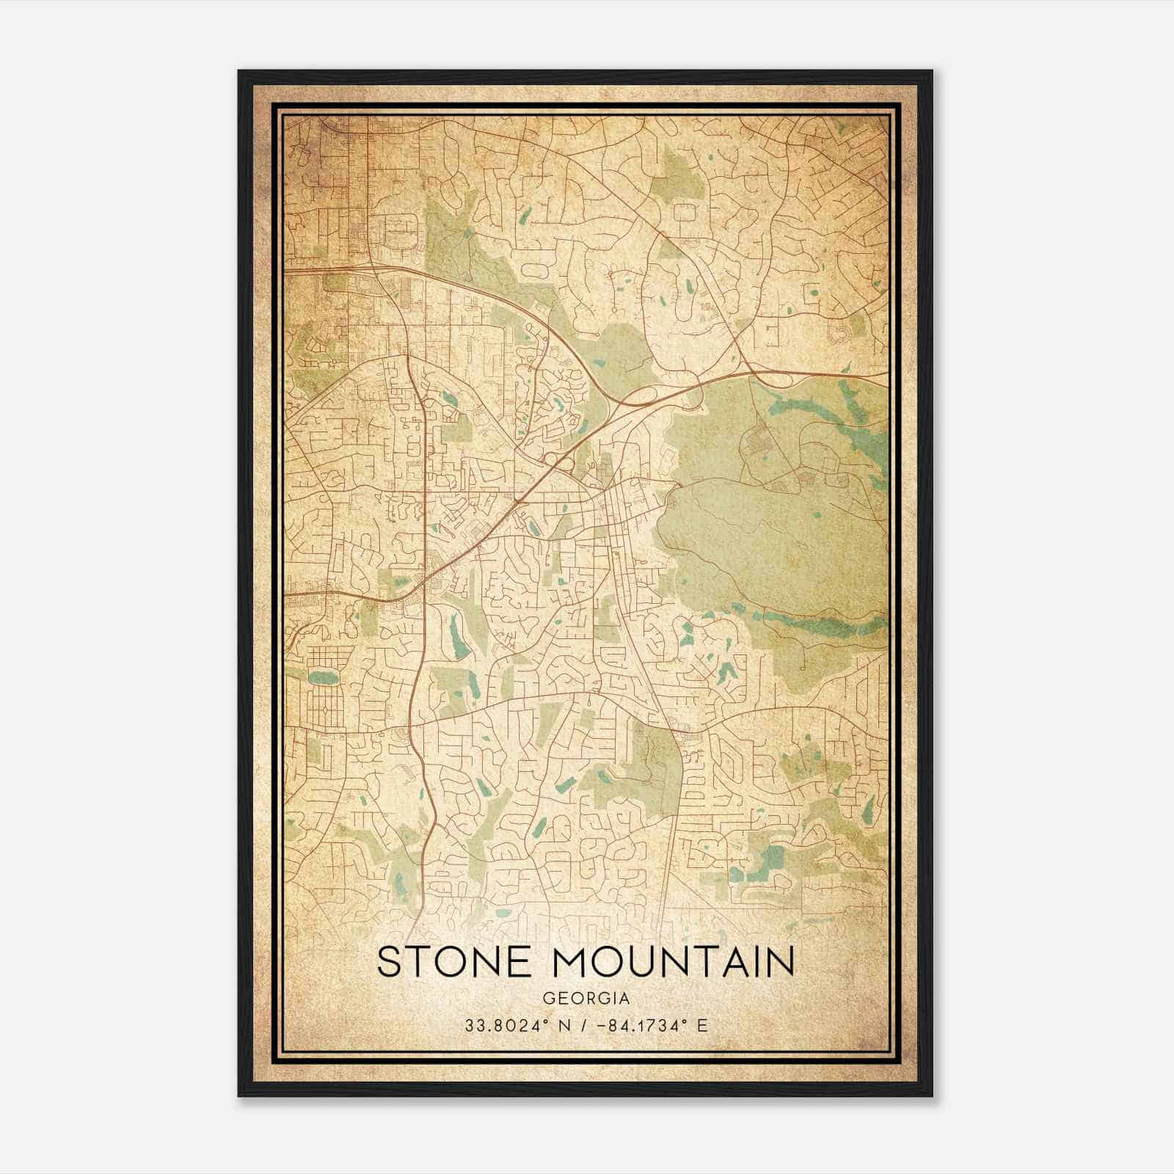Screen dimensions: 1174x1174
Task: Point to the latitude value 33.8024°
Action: tap(500, 1026)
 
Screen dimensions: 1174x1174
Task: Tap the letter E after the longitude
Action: tap(702, 1026)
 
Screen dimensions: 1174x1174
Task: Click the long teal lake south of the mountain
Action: tap(822, 624)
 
